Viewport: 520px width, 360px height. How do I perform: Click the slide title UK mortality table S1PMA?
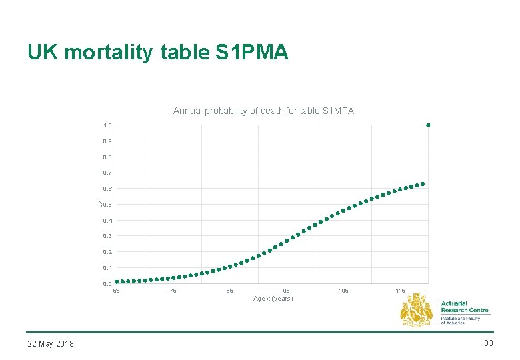pos(158,52)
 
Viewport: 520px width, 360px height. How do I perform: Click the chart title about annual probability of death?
pos(263,111)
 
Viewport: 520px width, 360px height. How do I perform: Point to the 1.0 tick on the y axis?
pos(107,125)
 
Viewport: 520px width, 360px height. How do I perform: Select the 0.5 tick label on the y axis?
pos(107,205)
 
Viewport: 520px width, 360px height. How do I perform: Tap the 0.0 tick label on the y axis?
pos(107,284)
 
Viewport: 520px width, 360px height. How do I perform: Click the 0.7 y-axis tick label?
pos(107,173)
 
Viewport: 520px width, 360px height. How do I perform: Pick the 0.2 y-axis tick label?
pos(107,252)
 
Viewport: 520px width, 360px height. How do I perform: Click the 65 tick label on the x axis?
pos(117,291)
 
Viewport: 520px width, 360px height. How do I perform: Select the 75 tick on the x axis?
pos(173,291)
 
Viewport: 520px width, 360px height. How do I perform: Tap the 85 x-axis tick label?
pos(230,291)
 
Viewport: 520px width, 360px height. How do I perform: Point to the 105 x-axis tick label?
pos(343,291)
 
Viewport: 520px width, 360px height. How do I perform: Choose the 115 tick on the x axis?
pos(400,291)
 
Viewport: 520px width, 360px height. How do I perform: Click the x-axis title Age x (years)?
pos(273,299)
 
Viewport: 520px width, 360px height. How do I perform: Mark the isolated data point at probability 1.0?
pos(428,125)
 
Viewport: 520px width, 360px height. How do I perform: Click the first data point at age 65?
pos(117,282)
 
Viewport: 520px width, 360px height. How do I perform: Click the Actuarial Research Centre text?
pos(464,307)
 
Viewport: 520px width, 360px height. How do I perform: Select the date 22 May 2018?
pos(51,343)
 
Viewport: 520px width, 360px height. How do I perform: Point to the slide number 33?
pos(488,343)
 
